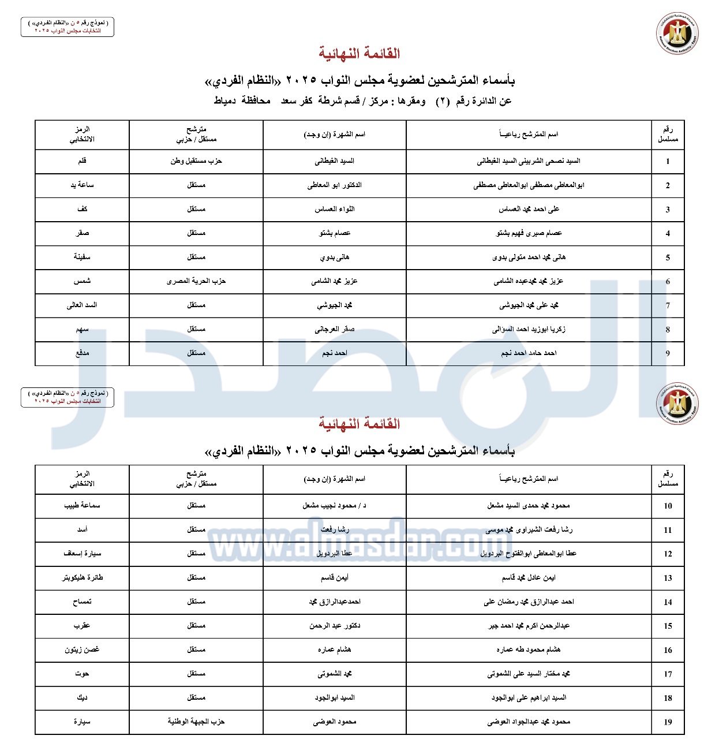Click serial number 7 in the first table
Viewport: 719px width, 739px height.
[x=668, y=305]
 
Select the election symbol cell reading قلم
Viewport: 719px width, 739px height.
[x=82, y=161]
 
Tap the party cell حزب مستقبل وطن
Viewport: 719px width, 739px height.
[x=196, y=161]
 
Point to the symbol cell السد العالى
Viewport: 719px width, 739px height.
[x=82, y=305]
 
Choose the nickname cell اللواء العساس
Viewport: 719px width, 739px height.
[x=335, y=209]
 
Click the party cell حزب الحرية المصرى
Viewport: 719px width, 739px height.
[x=196, y=281]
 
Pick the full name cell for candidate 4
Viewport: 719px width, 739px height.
[x=529, y=233]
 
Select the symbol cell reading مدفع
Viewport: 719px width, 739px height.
[x=82, y=353]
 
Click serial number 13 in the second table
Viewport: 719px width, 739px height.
[x=668, y=578]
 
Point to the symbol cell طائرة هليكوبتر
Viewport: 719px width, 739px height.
[x=82, y=577]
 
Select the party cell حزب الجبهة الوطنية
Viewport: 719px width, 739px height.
[x=196, y=722]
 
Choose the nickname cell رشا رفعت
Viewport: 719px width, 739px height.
[x=335, y=529]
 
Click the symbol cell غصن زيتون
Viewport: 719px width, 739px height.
[x=82, y=650]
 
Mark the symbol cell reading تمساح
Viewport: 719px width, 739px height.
[x=82, y=602]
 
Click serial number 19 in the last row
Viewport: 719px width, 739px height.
[x=668, y=722]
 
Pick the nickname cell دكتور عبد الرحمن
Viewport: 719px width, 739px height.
[x=335, y=626]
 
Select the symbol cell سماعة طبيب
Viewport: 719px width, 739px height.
[x=82, y=506]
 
